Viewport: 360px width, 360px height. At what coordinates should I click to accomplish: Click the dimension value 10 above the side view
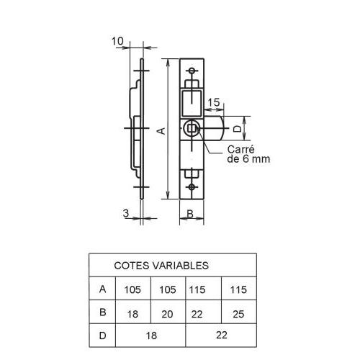pyautogui.click(x=118, y=42)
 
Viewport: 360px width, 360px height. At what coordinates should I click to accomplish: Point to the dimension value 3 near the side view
pyautogui.click(x=126, y=212)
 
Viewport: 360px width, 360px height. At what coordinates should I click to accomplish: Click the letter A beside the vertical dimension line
pyautogui.click(x=162, y=130)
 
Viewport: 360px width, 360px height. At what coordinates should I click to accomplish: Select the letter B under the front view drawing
pyautogui.click(x=189, y=213)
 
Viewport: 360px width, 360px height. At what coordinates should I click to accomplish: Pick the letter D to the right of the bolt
pyautogui.click(x=237, y=129)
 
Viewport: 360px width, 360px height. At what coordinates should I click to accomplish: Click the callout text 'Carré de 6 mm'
pyautogui.click(x=248, y=155)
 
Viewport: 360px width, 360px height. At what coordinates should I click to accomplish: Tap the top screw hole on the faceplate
pyautogui.click(x=192, y=71)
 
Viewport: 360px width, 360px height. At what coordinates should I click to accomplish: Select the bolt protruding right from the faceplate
pyautogui.click(x=215, y=130)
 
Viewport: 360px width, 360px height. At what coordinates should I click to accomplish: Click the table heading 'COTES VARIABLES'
pyautogui.click(x=161, y=265)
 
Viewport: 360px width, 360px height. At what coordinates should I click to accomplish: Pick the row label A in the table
pyautogui.click(x=103, y=289)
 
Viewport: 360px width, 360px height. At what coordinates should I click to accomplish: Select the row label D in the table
pyautogui.click(x=103, y=336)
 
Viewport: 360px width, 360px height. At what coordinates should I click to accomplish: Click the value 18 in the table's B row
pyautogui.click(x=132, y=313)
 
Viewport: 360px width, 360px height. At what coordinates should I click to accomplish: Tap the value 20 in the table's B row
pyautogui.click(x=168, y=313)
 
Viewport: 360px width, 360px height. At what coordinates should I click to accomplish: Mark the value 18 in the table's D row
pyautogui.click(x=150, y=336)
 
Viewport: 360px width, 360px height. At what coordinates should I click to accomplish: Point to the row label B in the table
pyautogui.click(x=103, y=313)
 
